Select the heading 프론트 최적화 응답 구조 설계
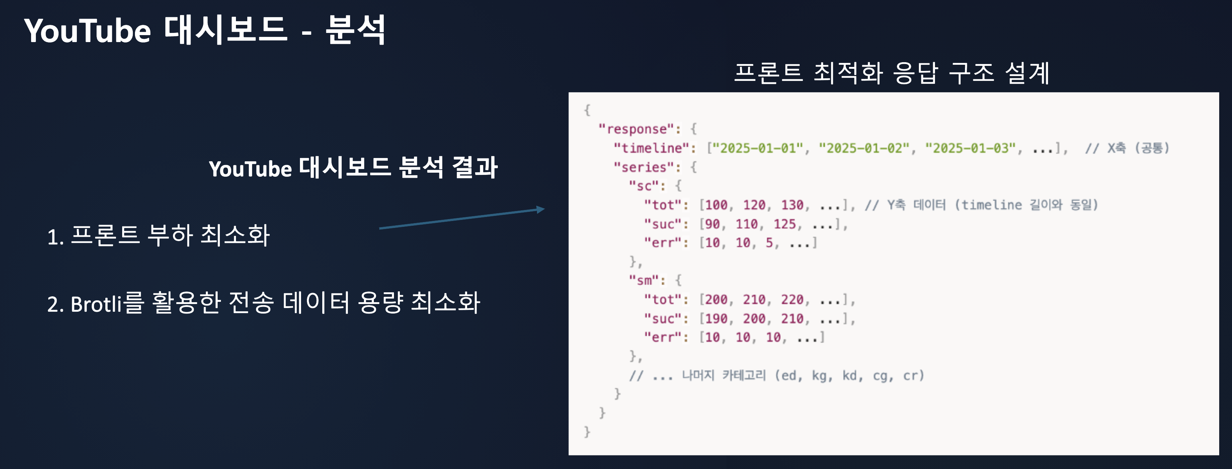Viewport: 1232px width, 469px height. [x=892, y=73]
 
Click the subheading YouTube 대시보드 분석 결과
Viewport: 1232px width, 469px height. [x=353, y=168]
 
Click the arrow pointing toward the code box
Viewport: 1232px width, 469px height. [x=462, y=218]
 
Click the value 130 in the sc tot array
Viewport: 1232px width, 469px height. [x=792, y=205]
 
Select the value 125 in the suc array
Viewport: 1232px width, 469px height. [x=784, y=224]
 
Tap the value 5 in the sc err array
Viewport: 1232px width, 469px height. [x=769, y=243]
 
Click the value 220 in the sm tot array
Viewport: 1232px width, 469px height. [x=792, y=300]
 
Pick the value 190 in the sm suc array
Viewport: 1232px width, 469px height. [x=715, y=319]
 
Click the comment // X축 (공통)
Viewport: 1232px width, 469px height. [x=1127, y=148]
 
